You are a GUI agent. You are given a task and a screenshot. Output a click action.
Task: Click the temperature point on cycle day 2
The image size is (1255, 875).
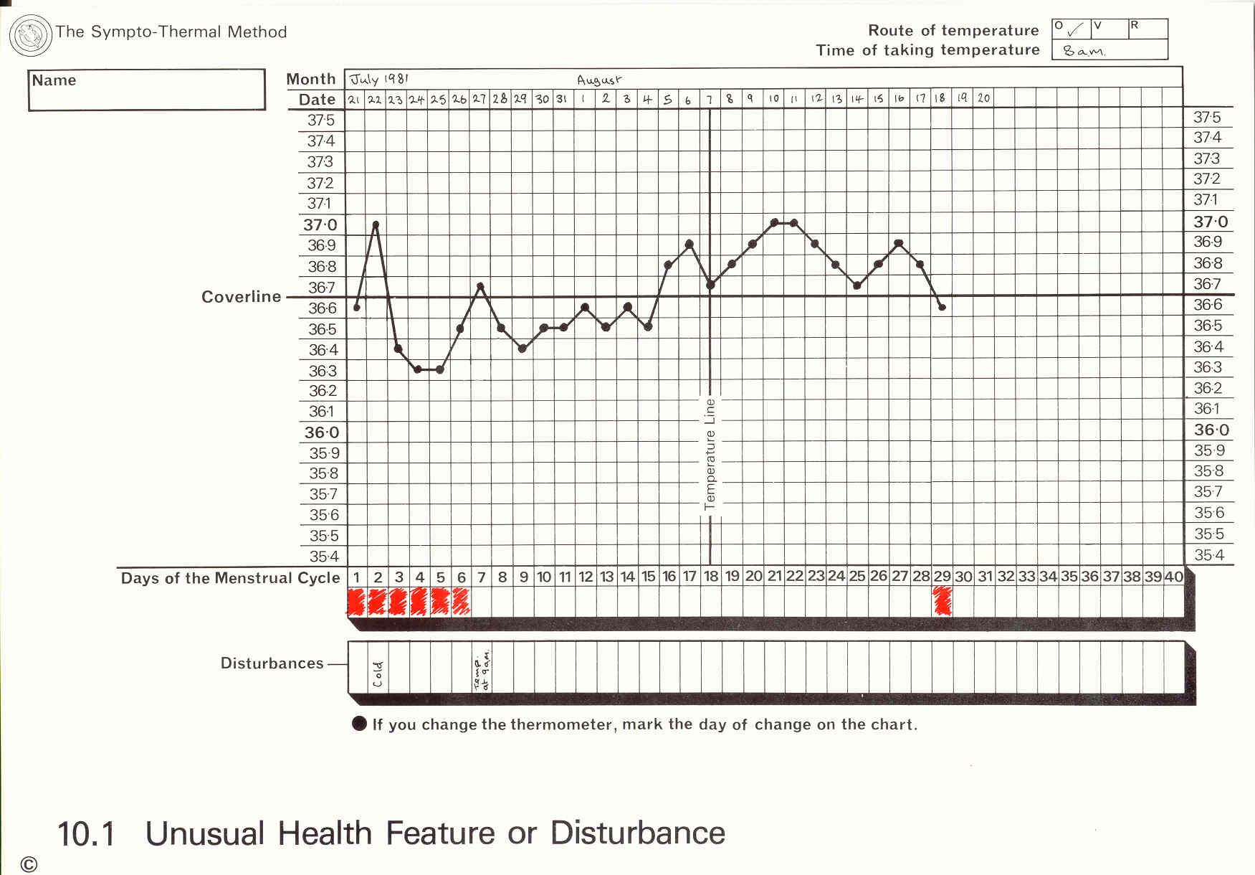[376, 224]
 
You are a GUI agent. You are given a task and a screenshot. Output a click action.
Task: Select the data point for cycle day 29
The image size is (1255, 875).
[942, 307]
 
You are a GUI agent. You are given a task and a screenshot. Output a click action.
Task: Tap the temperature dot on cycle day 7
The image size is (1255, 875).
[480, 286]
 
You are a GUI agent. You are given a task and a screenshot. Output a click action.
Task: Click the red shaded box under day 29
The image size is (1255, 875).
[942, 601]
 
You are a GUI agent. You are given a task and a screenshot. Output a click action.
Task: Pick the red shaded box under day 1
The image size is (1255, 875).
[356, 601]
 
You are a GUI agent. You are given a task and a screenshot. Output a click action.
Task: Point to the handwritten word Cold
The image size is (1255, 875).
[378, 674]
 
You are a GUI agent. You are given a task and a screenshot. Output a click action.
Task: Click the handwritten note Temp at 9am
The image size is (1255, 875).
[482, 671]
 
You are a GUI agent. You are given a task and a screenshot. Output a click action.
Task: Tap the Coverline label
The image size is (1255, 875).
[241, 297]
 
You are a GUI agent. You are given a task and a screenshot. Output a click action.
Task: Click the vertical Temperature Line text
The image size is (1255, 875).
[710, 454]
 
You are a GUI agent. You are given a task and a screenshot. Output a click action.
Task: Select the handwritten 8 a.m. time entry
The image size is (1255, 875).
[1084, 51]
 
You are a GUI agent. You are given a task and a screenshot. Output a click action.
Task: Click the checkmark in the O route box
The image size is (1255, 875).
[1075, 30]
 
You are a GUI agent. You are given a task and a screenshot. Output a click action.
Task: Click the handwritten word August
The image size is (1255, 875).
[599, 80]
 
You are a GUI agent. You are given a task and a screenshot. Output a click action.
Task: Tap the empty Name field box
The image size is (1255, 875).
[147, 90]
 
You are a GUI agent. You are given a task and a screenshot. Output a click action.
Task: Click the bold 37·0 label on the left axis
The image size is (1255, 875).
[320, 225]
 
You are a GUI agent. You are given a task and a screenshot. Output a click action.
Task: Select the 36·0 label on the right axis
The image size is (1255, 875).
[1211, 430]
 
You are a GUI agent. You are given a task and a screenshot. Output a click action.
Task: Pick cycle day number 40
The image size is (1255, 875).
[1173, 577]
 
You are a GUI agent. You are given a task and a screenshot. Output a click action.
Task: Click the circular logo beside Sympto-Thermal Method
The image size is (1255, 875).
[31, 35]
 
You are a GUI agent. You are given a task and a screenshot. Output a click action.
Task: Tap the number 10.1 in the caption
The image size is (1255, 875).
[86, 834]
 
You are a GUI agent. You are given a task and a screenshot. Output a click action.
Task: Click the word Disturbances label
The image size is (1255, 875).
[272, 663]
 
